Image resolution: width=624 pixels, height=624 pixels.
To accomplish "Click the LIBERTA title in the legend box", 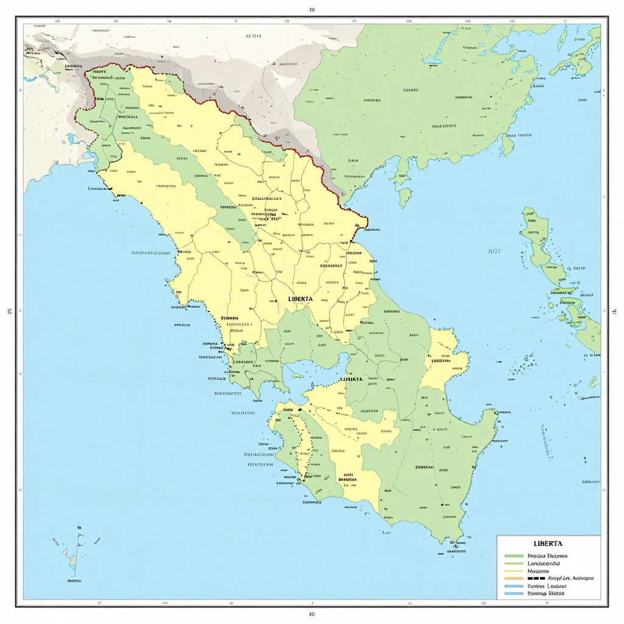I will pos(548,543).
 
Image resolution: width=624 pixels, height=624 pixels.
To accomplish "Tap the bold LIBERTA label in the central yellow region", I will pos(300,299).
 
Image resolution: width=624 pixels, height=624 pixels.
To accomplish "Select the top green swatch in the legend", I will pos(514,556).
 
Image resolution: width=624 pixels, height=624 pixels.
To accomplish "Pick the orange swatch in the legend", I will pos(514,578).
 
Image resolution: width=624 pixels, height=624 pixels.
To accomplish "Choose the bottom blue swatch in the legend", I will pos(514,592).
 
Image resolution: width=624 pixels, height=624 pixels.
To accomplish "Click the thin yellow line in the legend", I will pos(514,571).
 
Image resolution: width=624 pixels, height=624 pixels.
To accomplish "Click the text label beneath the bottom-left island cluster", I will pos(74,581).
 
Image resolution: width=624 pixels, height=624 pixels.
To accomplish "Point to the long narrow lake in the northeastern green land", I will pos(433,60).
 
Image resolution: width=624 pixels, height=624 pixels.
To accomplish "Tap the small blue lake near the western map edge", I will pos(73,139).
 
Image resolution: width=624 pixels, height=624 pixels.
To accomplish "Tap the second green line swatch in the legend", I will pos(514,564).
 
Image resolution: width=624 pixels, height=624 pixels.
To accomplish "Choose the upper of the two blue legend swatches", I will pos(514,585).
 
